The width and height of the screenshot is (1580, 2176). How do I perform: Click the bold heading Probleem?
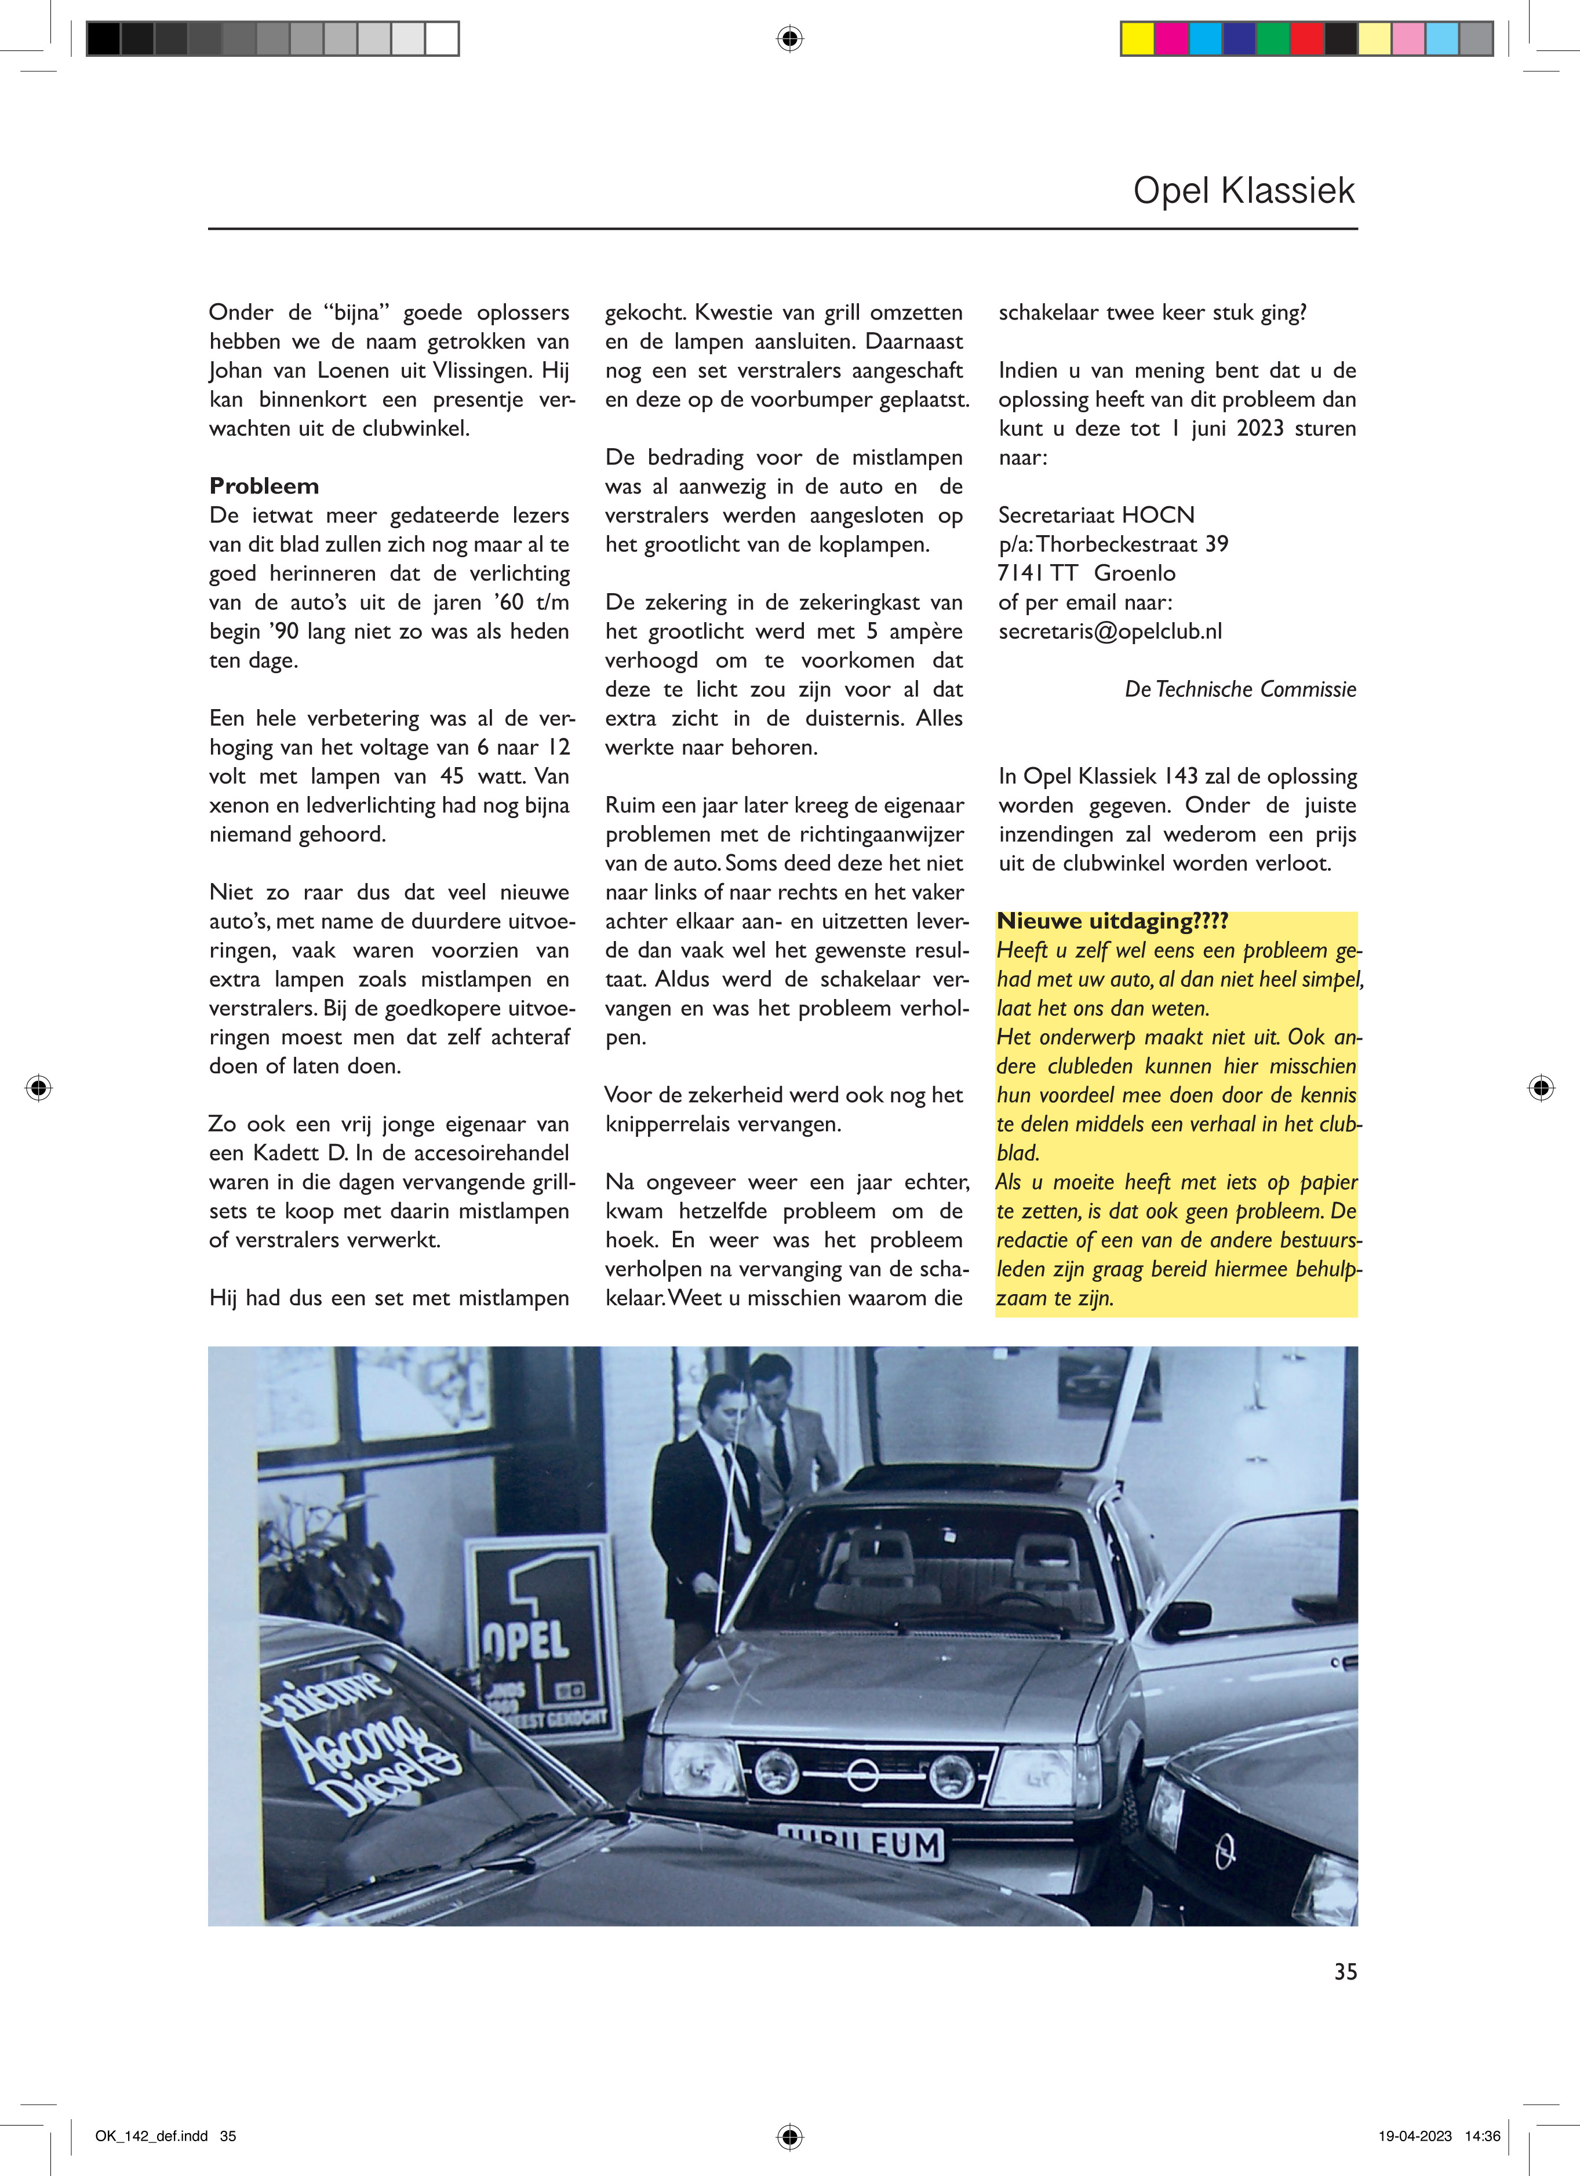264,486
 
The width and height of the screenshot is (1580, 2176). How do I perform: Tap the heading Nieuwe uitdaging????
1112,921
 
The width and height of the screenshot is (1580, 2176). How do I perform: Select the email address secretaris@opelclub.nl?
1110,631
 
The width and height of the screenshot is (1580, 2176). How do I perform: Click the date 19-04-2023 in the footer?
1415,2136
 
